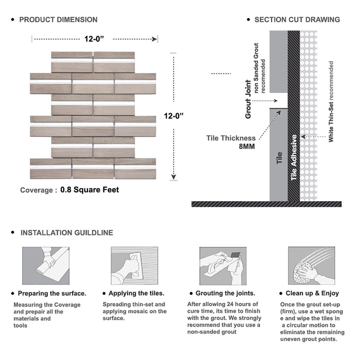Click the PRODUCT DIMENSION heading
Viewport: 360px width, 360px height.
58,20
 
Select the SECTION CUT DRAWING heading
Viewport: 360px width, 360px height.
297,20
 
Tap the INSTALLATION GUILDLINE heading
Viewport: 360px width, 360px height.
66,232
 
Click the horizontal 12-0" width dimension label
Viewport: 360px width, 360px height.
95,38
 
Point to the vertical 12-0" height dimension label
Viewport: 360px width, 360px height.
174,116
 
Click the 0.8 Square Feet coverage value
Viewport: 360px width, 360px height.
89,190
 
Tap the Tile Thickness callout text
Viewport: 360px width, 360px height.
231,138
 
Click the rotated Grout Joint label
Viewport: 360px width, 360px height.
248,99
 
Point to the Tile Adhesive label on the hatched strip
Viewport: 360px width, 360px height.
294,157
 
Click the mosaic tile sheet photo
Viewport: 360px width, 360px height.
93,115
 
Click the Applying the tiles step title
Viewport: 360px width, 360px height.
136,293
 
